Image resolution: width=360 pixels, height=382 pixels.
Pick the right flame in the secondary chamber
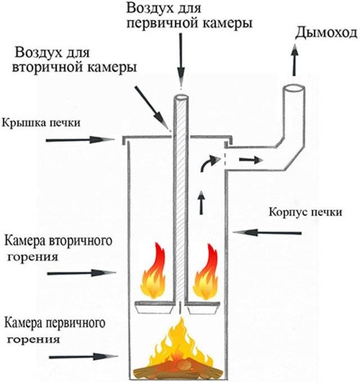click(205, 272)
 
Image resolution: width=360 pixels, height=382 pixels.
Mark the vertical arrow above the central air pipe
click(181, 62)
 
